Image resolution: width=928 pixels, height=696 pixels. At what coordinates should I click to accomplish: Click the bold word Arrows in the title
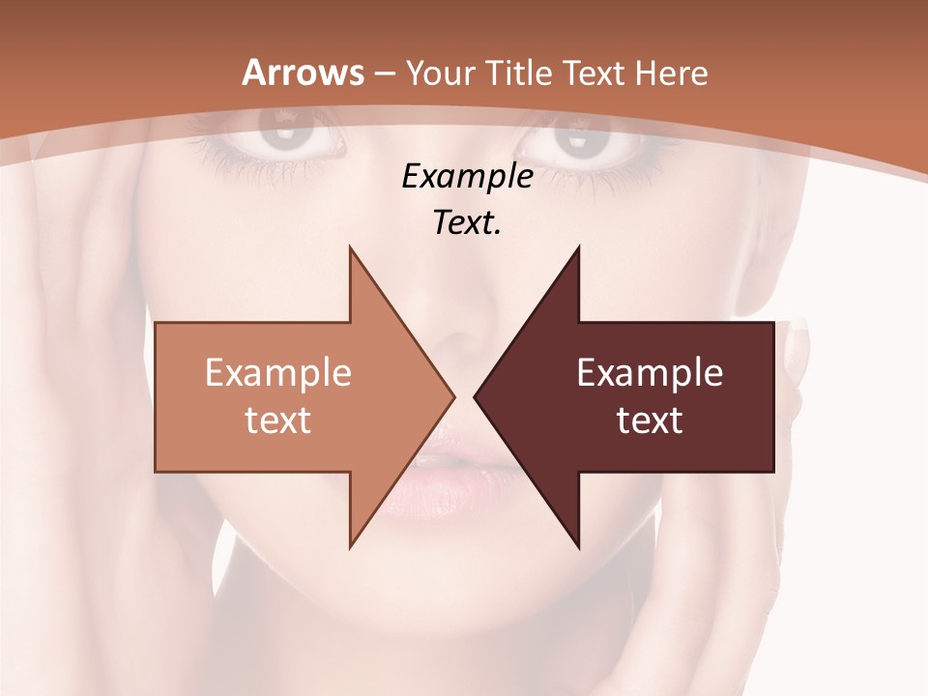303,72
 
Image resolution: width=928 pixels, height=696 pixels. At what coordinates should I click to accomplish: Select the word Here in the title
670,72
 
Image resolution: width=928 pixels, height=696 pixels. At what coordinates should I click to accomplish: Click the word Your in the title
440,72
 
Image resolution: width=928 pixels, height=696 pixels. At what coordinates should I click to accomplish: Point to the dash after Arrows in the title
382,73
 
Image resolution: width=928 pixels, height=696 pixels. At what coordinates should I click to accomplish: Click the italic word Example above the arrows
467,177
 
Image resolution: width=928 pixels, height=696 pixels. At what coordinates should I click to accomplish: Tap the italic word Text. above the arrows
467,223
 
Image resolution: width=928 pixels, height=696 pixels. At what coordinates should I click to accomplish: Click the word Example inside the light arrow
278,373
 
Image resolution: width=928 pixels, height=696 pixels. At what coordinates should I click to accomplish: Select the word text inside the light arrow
278,420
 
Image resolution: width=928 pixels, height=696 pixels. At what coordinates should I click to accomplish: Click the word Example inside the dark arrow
650,373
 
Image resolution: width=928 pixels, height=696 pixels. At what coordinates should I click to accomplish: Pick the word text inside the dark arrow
650,420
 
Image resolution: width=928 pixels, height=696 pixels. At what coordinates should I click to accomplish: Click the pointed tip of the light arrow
452,396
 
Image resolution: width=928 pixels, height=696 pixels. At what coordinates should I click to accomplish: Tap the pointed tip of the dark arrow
476,396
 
